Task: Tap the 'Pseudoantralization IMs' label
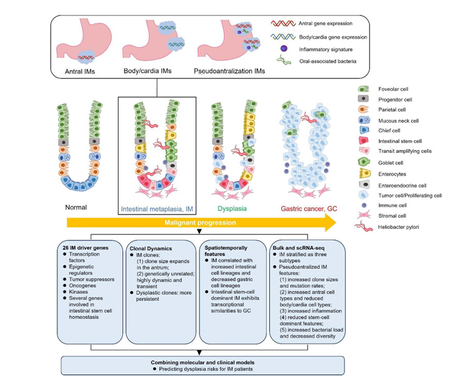tap(229, 71)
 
